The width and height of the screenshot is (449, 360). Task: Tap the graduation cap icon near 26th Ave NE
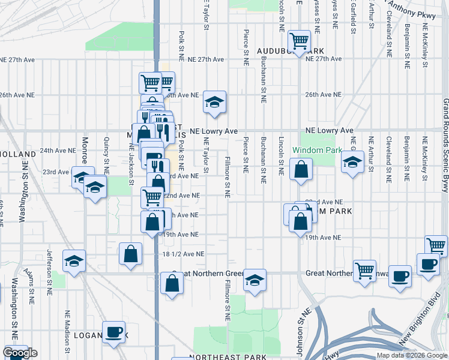point(214,102)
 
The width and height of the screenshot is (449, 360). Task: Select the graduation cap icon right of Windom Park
point(352,161)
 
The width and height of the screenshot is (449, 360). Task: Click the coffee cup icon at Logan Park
point(113,333)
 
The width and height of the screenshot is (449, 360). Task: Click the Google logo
point(20,353)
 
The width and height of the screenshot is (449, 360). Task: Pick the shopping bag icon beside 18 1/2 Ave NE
point(130,254)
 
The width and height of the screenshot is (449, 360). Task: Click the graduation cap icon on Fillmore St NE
point(255,281)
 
